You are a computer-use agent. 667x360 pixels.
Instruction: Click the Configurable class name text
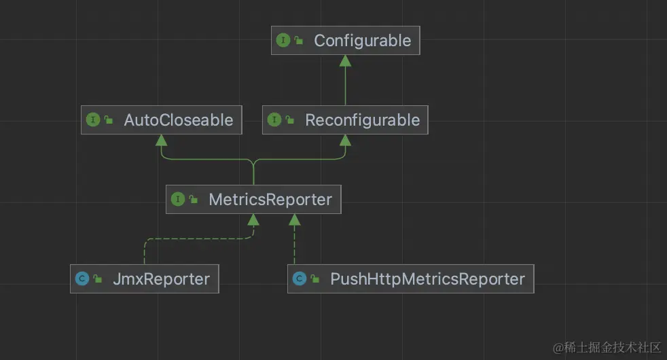[362, 41]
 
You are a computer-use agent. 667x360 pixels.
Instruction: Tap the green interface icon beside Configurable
[283, 41]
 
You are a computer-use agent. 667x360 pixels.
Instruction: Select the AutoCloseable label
[178, 120]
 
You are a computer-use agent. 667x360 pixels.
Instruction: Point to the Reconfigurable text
[362, 120]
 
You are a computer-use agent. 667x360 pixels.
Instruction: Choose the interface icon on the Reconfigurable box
[274, 120]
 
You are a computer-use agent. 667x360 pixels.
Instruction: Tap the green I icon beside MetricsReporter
[178, 200]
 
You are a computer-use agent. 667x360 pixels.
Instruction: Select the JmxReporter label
[161, 278]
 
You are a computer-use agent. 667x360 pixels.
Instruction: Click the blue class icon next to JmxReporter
[82, 278]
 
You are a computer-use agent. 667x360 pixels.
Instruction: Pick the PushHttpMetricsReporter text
[427, 278]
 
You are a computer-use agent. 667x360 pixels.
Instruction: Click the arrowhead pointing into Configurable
[345, 60]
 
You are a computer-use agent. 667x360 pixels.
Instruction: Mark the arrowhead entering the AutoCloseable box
[161, 140]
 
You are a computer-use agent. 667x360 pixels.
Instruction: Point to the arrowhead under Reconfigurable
[345, 140]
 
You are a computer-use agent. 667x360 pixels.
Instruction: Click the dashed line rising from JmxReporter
[144, 251]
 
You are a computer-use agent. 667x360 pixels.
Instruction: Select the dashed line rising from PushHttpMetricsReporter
[294, 245]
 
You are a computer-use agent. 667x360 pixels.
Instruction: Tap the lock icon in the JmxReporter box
[98, 279]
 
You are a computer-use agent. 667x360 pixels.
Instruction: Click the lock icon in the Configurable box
[299, 41]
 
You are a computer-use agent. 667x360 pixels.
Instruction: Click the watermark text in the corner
[607, 347]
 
